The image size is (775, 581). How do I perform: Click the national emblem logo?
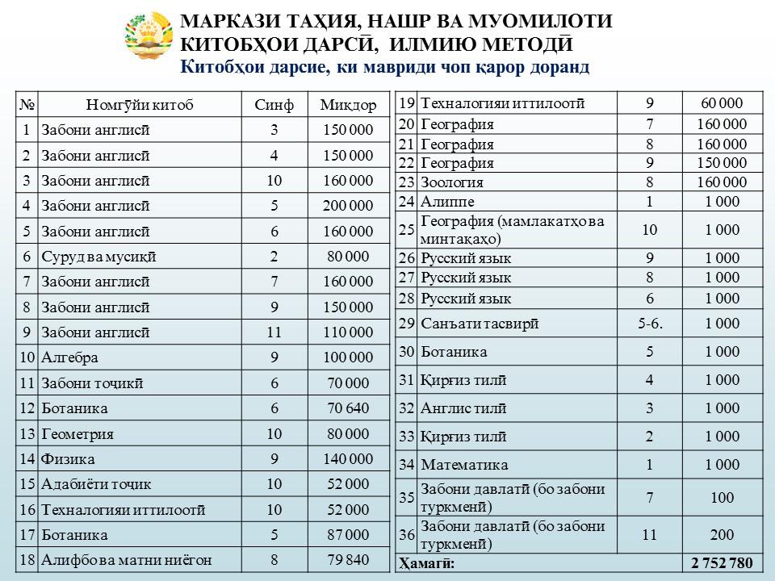[149, 39]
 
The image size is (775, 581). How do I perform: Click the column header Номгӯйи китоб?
[140, 105]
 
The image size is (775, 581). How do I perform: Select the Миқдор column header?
[348, 105]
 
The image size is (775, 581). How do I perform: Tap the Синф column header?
[274, 105]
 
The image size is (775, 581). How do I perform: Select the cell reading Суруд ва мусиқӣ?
[98, 257]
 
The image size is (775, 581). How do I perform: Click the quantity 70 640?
[348, 408]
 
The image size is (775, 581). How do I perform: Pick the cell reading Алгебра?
[69, 357]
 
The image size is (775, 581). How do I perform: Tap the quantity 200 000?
[348, 206]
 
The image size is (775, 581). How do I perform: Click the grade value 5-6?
[650, 324]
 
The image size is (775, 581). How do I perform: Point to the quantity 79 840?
[348, 560]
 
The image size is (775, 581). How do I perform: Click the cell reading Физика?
[68, 459]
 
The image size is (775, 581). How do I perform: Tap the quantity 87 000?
[348, 534]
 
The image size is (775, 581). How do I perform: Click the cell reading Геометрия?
[77, 433]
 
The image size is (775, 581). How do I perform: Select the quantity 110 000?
[348, 332]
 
